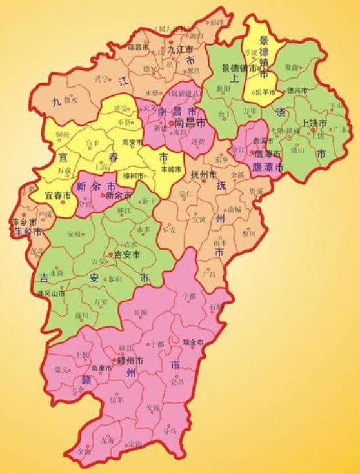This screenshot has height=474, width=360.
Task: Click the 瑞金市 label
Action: pos(193,341)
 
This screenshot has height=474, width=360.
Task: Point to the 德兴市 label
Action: pos(299,90)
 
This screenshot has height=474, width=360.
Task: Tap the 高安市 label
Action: pos(132,142)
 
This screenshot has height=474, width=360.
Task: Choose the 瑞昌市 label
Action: pos(139,46)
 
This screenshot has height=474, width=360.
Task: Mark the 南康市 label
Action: pos(101,368)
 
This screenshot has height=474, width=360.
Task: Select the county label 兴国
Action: pos(140,312)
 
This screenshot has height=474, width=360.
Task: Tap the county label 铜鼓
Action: pos(63,134)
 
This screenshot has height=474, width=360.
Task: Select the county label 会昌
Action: pos(177,382)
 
